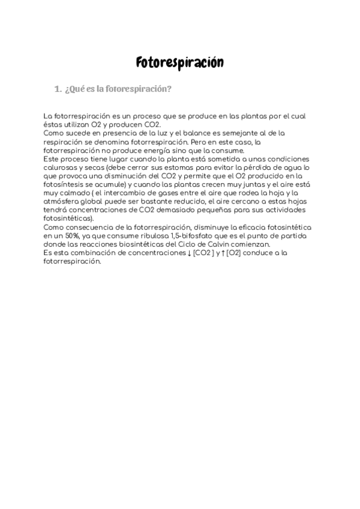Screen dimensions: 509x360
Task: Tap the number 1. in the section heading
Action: [58, 89]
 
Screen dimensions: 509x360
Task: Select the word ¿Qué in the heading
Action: [73, 89]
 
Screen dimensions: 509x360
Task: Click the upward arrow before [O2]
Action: [223, 254]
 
